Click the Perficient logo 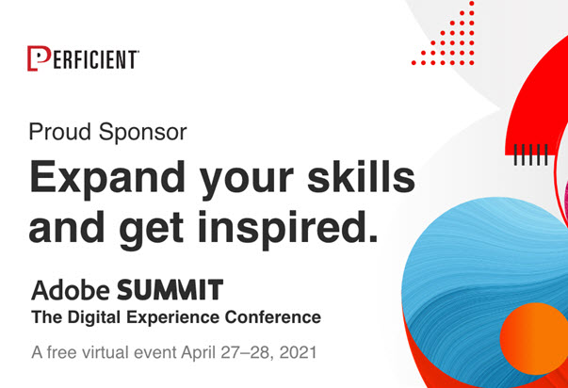(84, 58)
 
